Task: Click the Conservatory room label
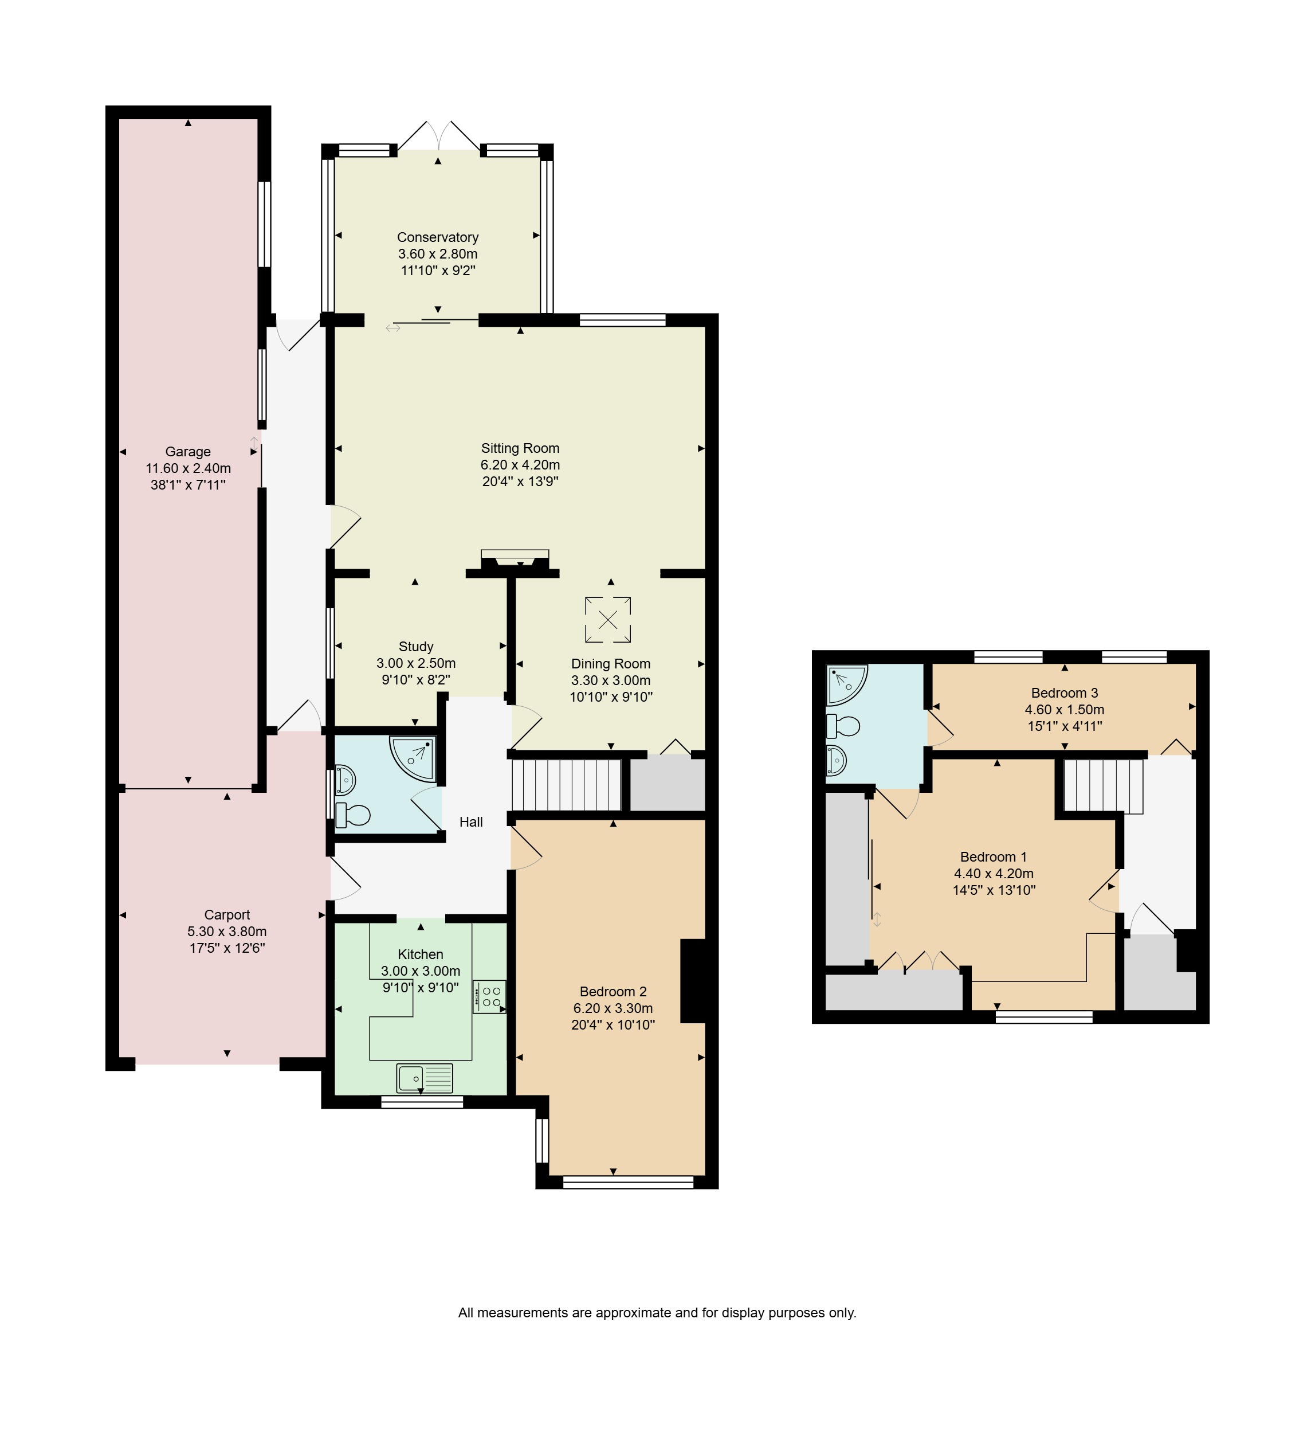point(438,237)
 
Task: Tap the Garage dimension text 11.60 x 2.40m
point(189,468)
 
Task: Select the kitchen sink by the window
point(425,1078)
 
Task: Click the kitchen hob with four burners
point(489,996)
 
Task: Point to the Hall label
point(471,822)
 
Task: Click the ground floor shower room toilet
point(353,815)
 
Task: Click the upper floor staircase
point(1103,786)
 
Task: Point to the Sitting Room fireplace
point(515,560)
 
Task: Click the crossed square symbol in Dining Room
point(609,619)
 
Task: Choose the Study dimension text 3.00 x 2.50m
point(417,663)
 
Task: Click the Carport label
point(227,914)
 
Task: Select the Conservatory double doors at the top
point(438,135)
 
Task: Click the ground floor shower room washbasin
point(345,780)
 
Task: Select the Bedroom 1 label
point(994,857)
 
